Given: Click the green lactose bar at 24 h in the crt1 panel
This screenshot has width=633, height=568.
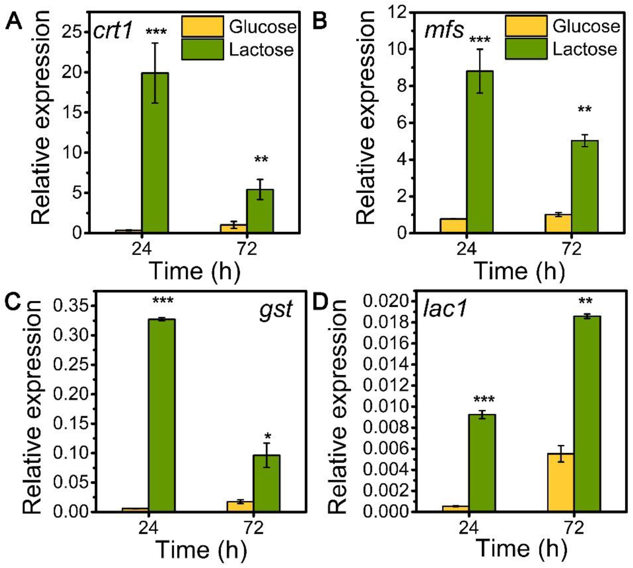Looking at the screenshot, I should [x=155, y=153].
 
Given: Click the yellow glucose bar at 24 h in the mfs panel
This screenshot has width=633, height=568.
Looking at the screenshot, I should [x=453, y=225].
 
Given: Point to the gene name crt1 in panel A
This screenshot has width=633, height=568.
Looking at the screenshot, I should [x=113, y=31].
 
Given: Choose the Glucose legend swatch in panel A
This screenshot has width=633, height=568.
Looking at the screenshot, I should [x=202, y=27].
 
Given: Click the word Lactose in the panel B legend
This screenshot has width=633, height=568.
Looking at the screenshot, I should [x=585, y=49].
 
